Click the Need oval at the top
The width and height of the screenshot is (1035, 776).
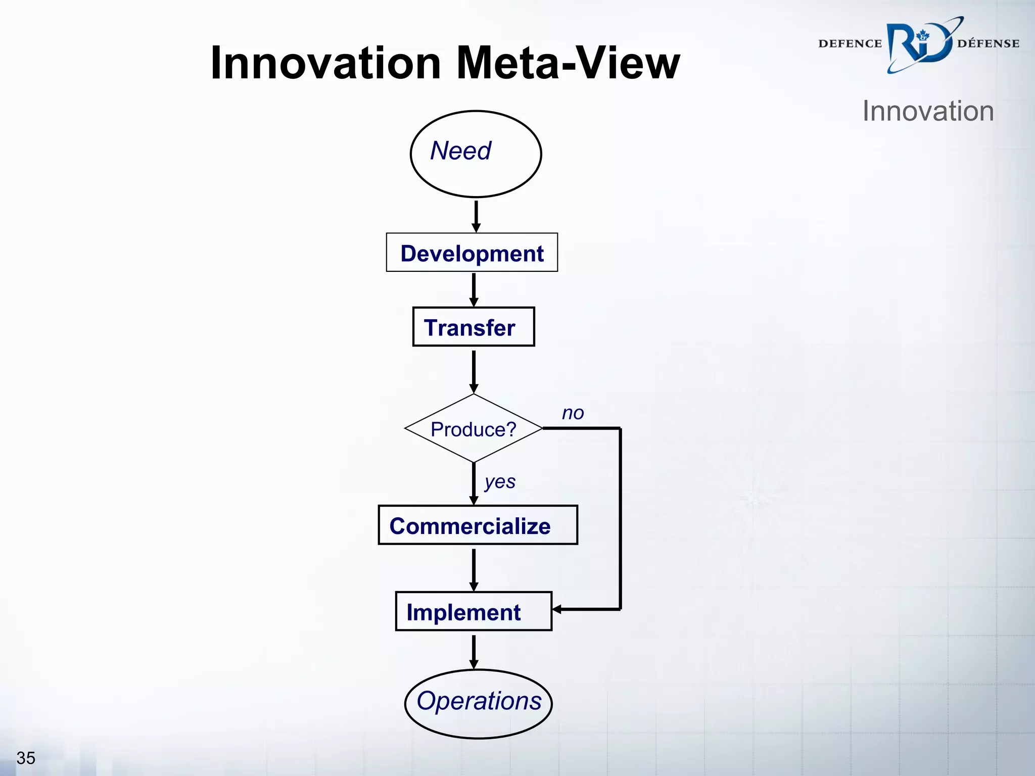[x=476, y=154]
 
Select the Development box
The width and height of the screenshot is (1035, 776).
[x=472, y=253]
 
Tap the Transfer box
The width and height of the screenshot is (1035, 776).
[x=473, y=327]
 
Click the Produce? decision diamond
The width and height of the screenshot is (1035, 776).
[x=474, y=428]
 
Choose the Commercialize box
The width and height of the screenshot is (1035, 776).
[x=478, y=525]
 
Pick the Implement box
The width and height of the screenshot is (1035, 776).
[x=473, y=611]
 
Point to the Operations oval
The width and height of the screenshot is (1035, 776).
[x=478, y=704]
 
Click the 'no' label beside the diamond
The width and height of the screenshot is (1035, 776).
[x=573, y=413]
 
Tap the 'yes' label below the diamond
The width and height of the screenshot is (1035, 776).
[x=500, y=481]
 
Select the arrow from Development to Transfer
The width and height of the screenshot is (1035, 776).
[x=474, y=289]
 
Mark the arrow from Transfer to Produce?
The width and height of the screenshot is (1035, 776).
[x=474, y=371]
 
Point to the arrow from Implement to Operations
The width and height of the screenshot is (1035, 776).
[x=474, y=651]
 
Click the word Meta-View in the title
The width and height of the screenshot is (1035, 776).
[x=568, y=63]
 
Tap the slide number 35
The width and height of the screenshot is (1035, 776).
[x=26, y=758]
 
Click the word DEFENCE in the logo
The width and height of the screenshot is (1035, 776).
[x=850, y=44]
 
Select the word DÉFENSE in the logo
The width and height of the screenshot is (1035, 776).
[x=988, y=44]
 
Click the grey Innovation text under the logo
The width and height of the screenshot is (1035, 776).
[x=928, y=111]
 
